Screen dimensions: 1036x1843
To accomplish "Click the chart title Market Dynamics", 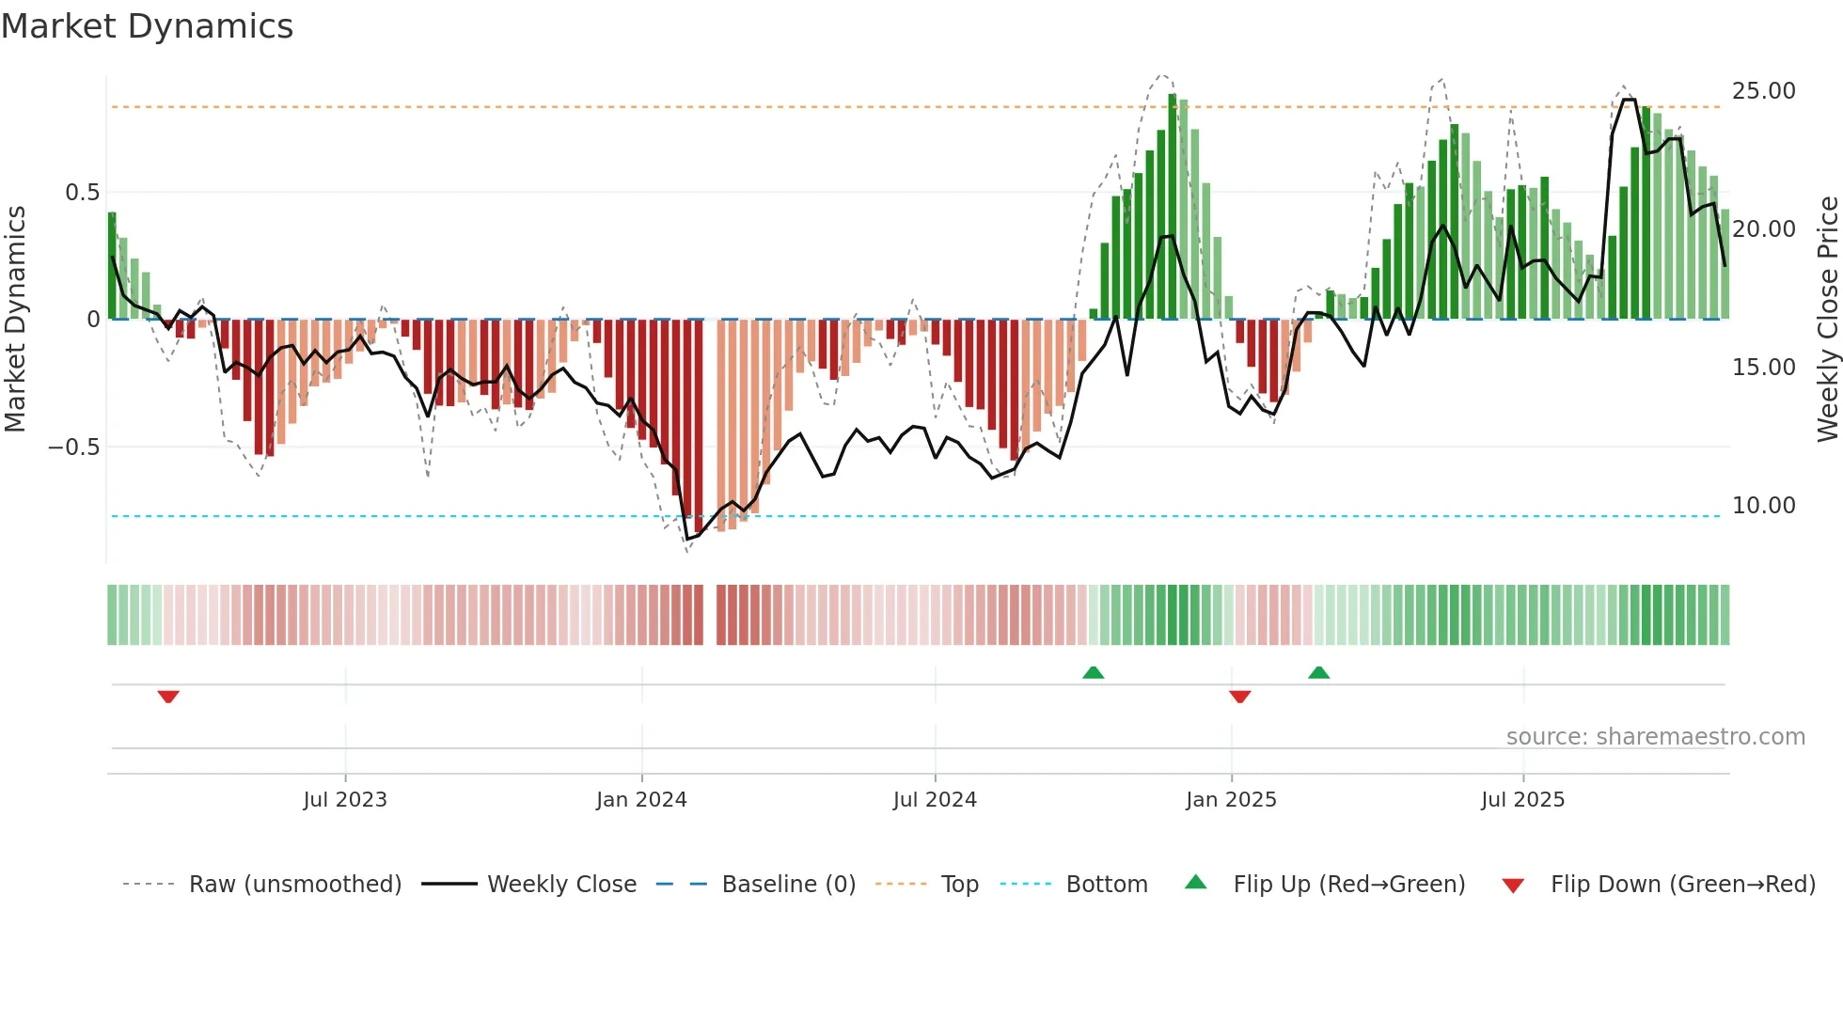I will click(x=147, y=26).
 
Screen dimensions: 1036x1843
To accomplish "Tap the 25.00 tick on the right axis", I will click(x=1763, y=91).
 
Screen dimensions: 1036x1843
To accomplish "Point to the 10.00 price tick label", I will click(x=1763, y=506).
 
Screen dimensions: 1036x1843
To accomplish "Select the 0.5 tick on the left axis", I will click(x=82, y=193).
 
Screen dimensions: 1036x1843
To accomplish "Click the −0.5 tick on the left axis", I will click(x=74, y=447).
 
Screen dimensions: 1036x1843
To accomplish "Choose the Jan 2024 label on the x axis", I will click(x=641, y=800).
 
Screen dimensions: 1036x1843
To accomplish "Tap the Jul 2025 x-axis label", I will click(x=1522, y=800).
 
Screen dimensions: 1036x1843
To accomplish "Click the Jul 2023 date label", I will click(x=345, y=800).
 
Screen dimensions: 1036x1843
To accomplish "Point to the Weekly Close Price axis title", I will click(x=1827, y=319).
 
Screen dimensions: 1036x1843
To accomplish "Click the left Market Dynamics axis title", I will click(x=15, y=319).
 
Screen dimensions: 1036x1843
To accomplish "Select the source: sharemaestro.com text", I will click(x=1655, y=737).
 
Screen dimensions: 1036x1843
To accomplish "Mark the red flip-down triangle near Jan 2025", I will click(x=1239, y=697).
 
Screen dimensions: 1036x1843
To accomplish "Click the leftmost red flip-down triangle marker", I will click(x=168, y=697).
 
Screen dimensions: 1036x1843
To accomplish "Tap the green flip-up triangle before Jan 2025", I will click(x=1093, y=672).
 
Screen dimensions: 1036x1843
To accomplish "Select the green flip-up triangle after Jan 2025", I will click(x=1318, y=672).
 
